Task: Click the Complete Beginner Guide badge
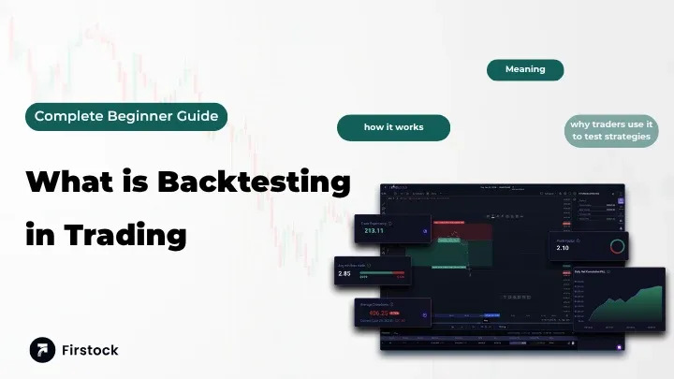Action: coord(126,117)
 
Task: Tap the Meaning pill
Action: coord(524,70)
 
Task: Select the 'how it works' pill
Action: coord(393,127)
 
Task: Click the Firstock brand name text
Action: coord(92,350)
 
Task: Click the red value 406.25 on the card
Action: coord(380,313)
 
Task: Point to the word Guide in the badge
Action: coord(198,117)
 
